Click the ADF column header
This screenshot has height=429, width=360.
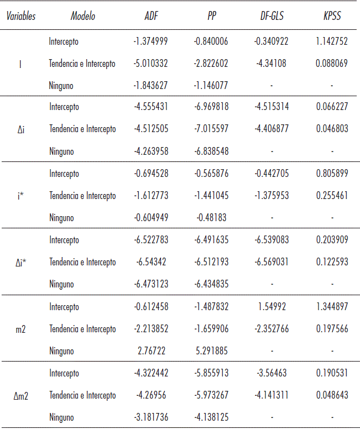(x=151, y=16)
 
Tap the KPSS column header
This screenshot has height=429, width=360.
(x=332, y=16)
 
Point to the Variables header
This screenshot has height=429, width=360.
(x=21, y=16)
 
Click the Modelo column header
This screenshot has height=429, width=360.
(x=83, y=16)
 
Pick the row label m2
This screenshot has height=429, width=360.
(x=20, y=329)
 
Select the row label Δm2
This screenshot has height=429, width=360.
(x=20, y=395)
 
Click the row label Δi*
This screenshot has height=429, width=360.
(x=20, y=262)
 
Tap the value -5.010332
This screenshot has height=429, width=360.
(x=150, y=64)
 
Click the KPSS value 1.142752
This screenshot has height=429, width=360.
(x=332, y=41)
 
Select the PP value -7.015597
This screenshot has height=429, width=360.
(x=211, y=129)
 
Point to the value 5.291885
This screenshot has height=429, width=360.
(x=211, y=351)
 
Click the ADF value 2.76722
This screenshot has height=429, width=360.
(x=150, y=351)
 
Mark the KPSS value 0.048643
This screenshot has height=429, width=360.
(x=332, y=395)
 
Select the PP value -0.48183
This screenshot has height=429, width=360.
(x=211, y=218)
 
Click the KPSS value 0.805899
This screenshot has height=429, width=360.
(x=332, y=174)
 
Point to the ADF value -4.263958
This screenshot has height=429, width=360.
(x=150, y=151)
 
